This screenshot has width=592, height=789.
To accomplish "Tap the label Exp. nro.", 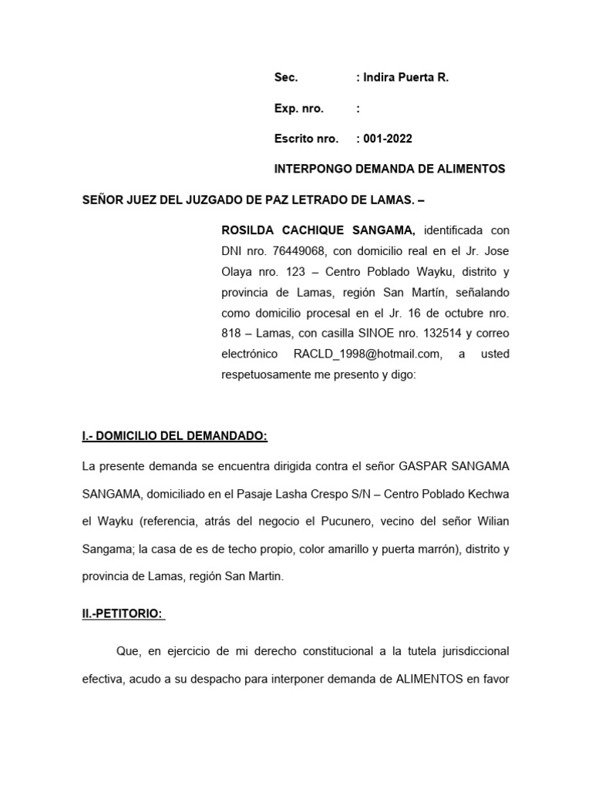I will pos(299,109).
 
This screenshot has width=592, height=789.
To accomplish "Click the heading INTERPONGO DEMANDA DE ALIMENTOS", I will pos(390,169).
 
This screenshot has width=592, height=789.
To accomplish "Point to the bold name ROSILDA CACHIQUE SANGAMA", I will pos(318,230).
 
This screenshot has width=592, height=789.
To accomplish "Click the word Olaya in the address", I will pos(237,271).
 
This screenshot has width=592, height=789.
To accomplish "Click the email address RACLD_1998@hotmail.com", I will pos(367,354).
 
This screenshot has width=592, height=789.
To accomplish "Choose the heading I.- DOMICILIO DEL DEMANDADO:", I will pos(175,436).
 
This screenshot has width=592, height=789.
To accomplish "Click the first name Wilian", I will pos(491,522).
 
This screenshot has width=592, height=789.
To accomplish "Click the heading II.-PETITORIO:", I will pos(123,614).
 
